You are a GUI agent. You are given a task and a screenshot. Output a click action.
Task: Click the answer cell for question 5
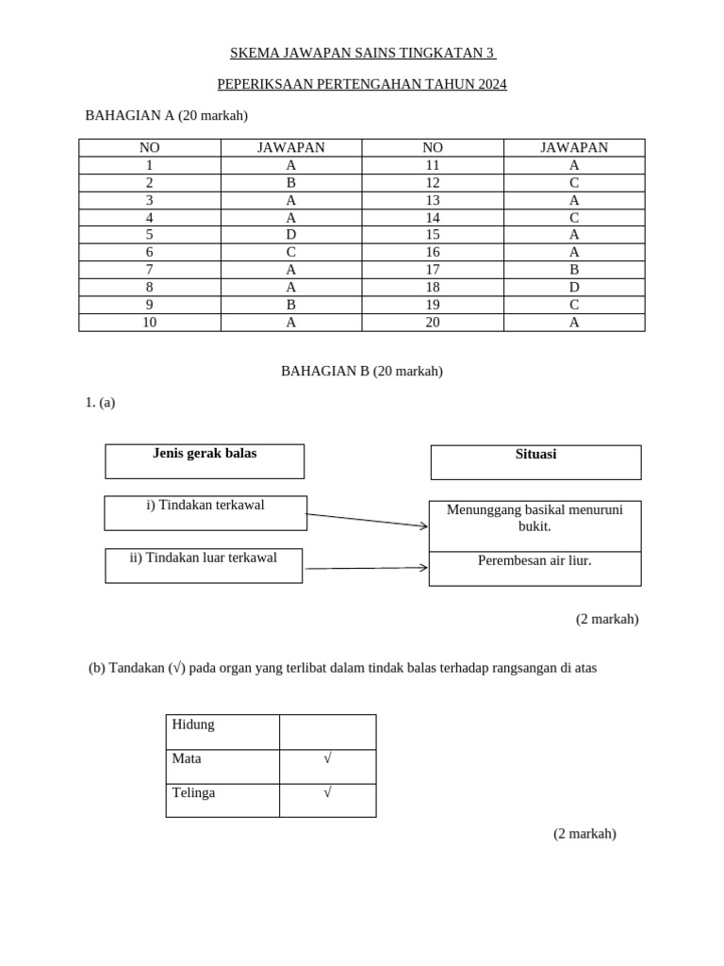click(291, 235)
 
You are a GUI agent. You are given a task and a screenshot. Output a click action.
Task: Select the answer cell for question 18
click(574, 287)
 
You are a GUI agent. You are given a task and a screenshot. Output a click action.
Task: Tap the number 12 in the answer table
click(433, 183)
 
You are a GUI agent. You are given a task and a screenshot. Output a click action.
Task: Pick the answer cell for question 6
click(291, 252)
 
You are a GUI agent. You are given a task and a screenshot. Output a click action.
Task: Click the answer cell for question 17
click(574, 270)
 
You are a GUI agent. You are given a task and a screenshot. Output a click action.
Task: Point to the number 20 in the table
click(433, 322)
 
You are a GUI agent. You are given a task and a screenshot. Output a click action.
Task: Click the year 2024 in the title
click(491, 85)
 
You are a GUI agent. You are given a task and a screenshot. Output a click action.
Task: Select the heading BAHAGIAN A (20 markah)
click(166, 116)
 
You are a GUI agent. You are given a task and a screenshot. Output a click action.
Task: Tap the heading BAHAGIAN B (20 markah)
click(362, 372)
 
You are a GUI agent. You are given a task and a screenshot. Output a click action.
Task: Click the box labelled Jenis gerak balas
click(205, 461)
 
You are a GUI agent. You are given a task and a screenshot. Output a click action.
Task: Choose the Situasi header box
click(535, 462)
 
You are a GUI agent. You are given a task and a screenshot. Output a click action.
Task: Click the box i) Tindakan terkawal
click(206, 513)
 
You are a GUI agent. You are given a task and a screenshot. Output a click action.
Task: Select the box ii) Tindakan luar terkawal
click(204, 565)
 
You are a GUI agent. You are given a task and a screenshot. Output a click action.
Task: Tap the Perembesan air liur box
click(535, 569)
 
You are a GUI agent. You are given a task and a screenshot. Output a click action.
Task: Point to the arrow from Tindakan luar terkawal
click(367, 568)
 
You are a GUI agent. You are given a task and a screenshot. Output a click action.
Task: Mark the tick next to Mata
click(327, 758)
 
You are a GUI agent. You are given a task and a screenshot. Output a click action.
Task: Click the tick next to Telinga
click(327, 792)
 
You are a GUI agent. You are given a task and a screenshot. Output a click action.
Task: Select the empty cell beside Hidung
click(327, 731)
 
